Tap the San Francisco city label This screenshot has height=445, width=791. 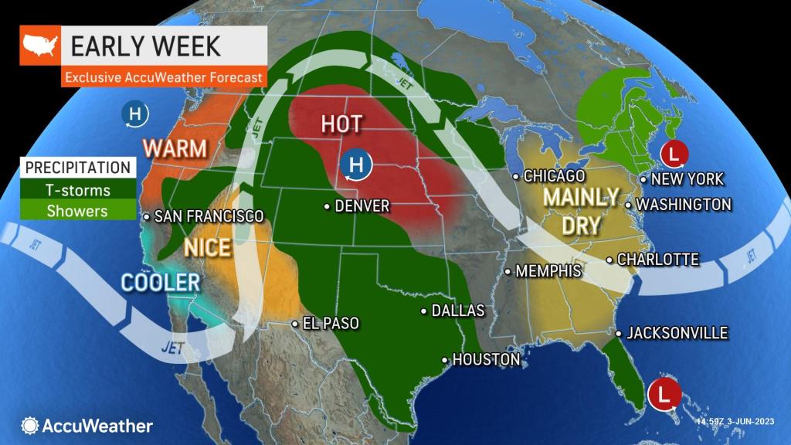coord(209,217)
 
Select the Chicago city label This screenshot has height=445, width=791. coord(554,176)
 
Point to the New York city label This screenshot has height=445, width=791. coord(687,179)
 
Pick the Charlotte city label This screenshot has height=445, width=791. coord(658,260)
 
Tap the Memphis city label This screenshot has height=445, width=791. coord(548,271)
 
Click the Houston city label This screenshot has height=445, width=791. coord(485,359)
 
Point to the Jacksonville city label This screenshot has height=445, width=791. coord(677,333)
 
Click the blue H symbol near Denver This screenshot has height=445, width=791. coord(357,165)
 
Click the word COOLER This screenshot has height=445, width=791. coord(160,282)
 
